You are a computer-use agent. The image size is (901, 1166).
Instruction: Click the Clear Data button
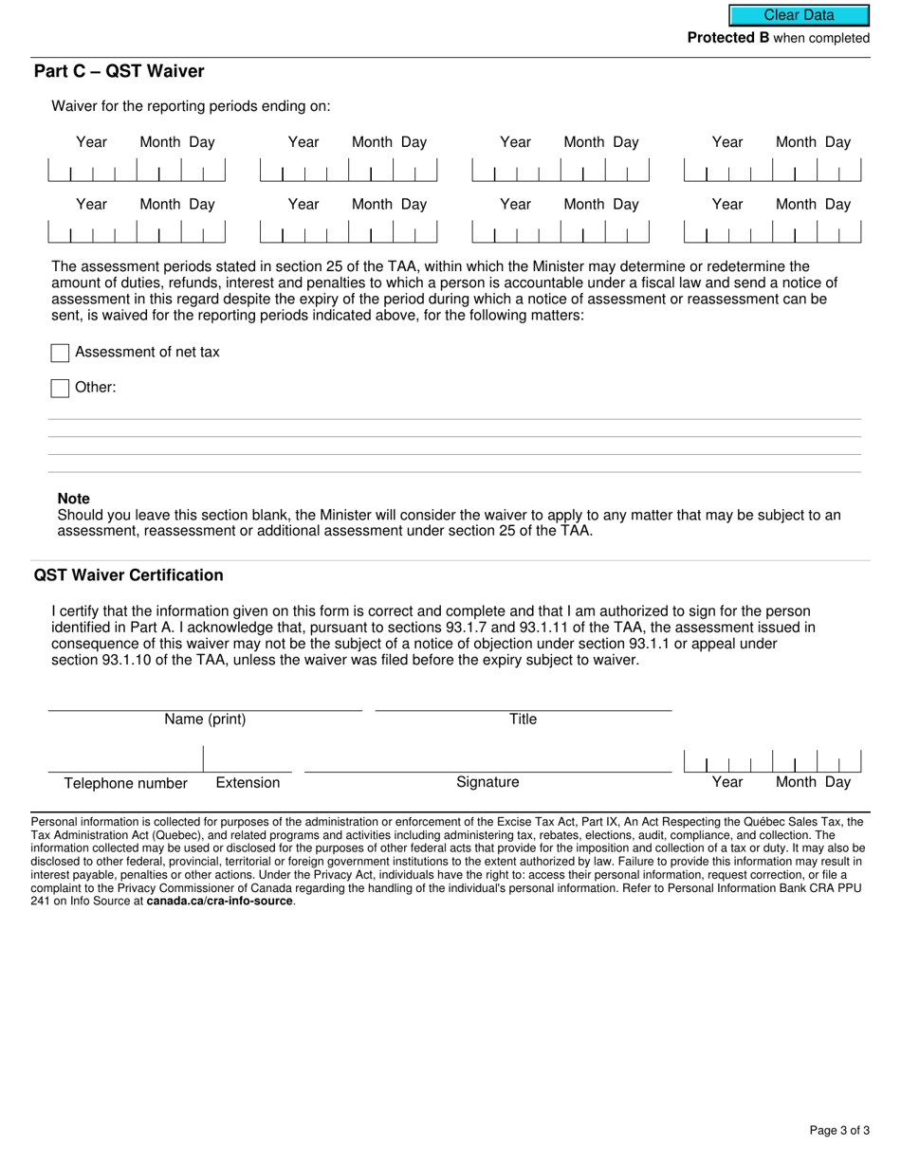click(x=799, y=15)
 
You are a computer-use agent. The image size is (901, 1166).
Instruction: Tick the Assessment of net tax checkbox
click(x=60, y=353)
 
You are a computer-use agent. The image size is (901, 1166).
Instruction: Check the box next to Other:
click(x=60, y=388)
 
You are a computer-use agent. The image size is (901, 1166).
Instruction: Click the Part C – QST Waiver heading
click(x=119, y=72)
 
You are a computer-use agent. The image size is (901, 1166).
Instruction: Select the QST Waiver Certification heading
click(x=129, y=575)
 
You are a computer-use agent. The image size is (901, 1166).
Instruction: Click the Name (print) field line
click(x=205, y=701)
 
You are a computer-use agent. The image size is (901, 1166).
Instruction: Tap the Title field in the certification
click(x=523, y=701)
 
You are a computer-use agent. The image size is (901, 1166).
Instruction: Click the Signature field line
click(x=487, y=762)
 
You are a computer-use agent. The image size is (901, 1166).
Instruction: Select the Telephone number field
click(x=125, y=761)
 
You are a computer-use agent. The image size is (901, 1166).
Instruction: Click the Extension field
click(x=248, y=761)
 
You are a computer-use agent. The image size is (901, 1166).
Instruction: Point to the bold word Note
click(x=74, y=499)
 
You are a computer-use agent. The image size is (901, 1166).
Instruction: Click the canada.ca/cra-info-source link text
click(x=220, y=902)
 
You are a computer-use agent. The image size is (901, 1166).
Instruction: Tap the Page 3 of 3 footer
click(x=839, y=1130)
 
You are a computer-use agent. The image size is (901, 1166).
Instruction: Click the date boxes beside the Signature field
click(x=772, y=761)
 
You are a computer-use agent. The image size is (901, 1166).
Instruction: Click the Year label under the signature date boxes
click(x=727, y=783)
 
